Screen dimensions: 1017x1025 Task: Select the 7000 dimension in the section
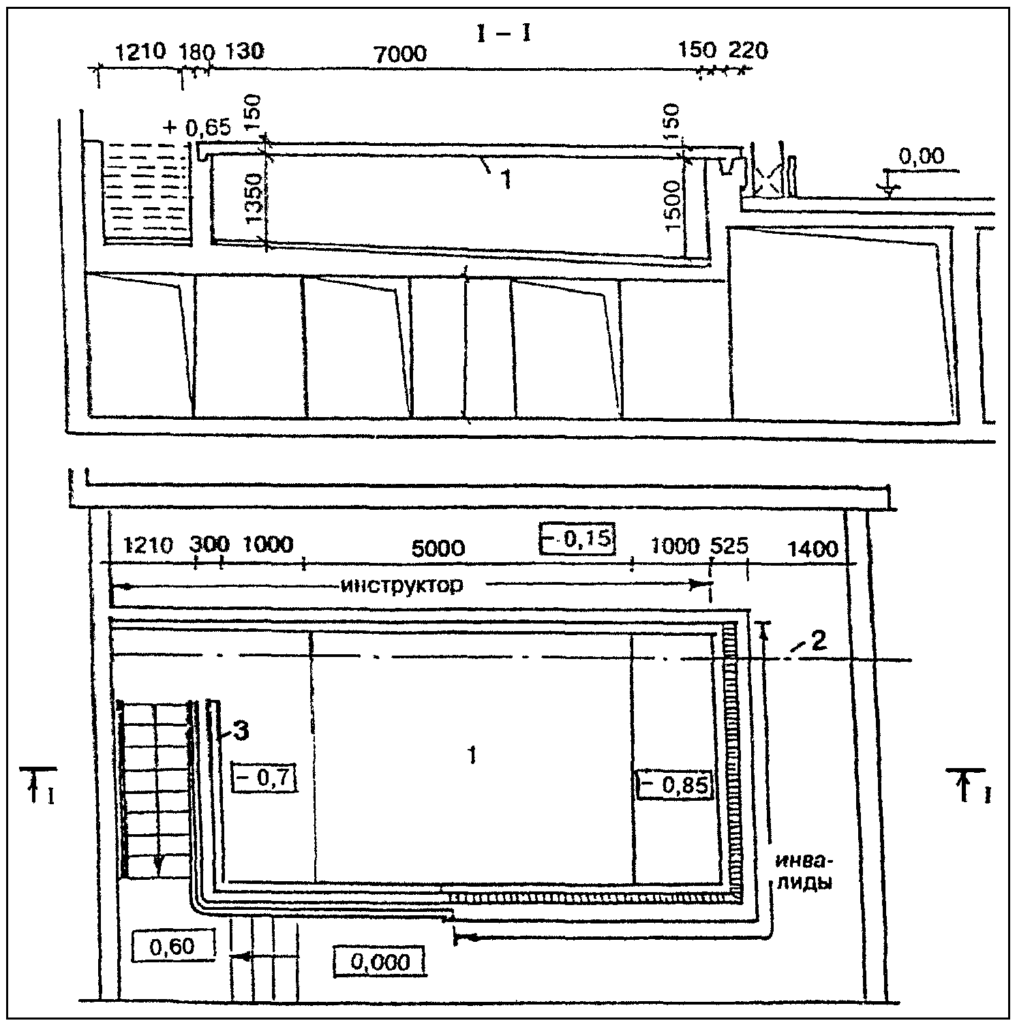[401, 54]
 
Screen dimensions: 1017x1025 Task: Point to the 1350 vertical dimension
[254, 198]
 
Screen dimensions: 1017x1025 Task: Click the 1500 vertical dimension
[672, 206]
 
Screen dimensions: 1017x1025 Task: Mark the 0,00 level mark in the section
[922, 157]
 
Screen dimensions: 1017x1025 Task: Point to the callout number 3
[241, 731]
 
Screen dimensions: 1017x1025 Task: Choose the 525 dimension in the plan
[729, 546]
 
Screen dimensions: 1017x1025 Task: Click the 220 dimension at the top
[748, 50]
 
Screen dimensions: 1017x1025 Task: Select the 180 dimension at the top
[196, 51]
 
